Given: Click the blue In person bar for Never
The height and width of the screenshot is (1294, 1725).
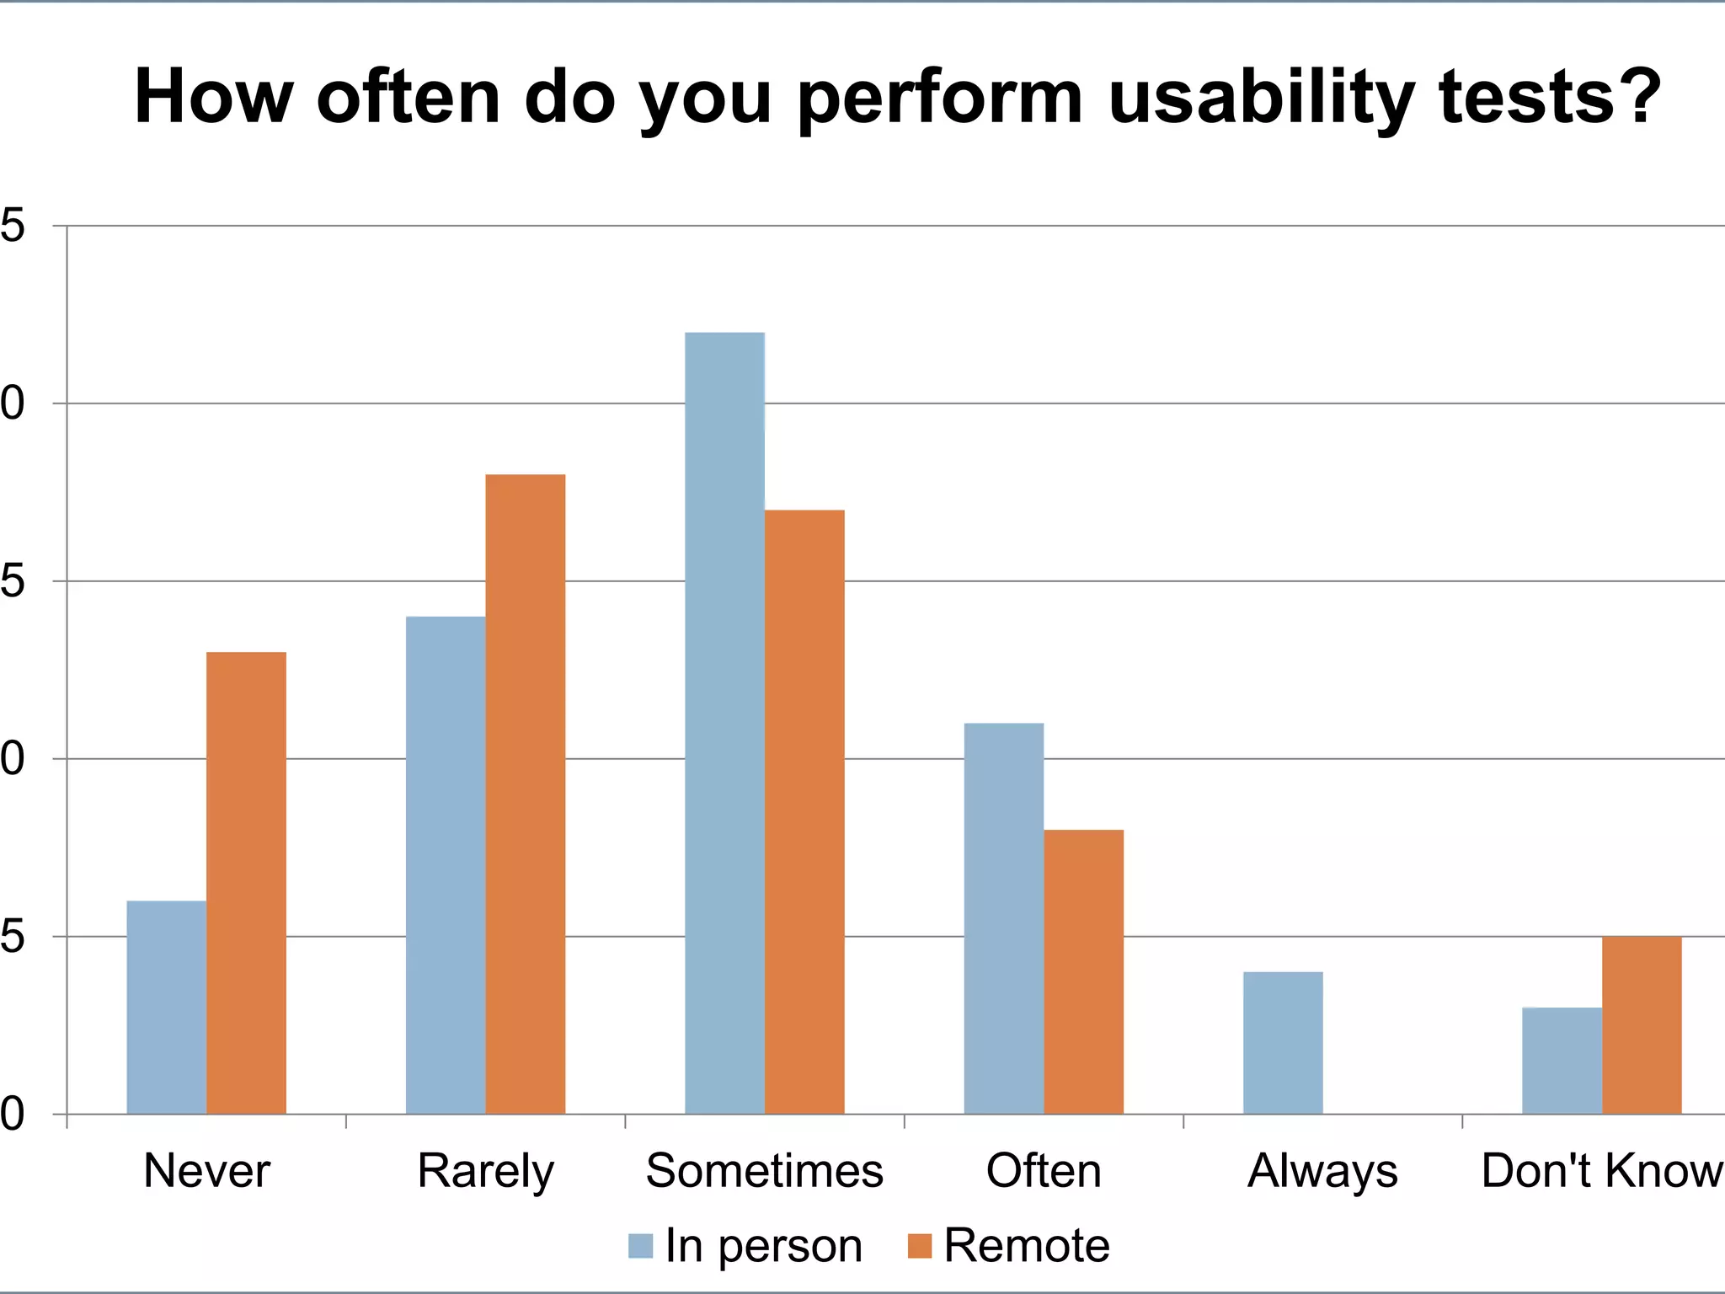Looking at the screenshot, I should pyautogui.click(x=166, y=1008).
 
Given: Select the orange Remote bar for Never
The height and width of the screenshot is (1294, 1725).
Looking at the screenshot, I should pyautogui.click(x=246, y=883).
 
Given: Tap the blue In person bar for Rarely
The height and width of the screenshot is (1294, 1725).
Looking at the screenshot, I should pyautogui.click(x=446, y=865).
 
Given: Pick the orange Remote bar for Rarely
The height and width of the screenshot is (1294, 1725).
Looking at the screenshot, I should pyautogui.click(x=526, y=794).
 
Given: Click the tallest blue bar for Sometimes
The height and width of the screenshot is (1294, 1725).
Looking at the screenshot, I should pyautogui.click(x=724, y=723).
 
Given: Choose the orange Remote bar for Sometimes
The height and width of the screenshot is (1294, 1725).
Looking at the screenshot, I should pyautogui.click(x=804, y=812).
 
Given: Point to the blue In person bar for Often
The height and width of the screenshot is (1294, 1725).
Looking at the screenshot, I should pyautogui.click(x=1003, y=918).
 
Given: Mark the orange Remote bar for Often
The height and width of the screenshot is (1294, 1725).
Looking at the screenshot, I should pyautogui.click(x=1083, y=971).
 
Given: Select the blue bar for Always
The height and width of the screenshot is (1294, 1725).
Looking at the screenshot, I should pyautogui.click(x=1283, y=1043).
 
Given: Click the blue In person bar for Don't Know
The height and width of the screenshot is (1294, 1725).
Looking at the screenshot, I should pyautogui.click(x=1562, y=1061).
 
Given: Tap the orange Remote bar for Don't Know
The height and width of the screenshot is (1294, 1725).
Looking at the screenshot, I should pyautogui.click(x=1642, y=1025).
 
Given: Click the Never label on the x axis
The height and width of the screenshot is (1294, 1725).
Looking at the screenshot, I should pyautogui.click(x=206, y=1171).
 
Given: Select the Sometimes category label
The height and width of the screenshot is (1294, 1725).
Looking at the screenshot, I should pyautogui.click(x=764, y=1171).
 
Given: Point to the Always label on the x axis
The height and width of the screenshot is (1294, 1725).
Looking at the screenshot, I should pyautogui.click(x=1322, y=1171).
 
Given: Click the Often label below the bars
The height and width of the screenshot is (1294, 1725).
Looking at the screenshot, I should pyautogui.click(x=1044, y=1171).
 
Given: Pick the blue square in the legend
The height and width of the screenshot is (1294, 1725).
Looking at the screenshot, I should pyautogui.click(x=640, y=1246).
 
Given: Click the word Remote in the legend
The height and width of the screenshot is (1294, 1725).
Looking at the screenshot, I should pyautogui.click(x=1027, y=1246).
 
